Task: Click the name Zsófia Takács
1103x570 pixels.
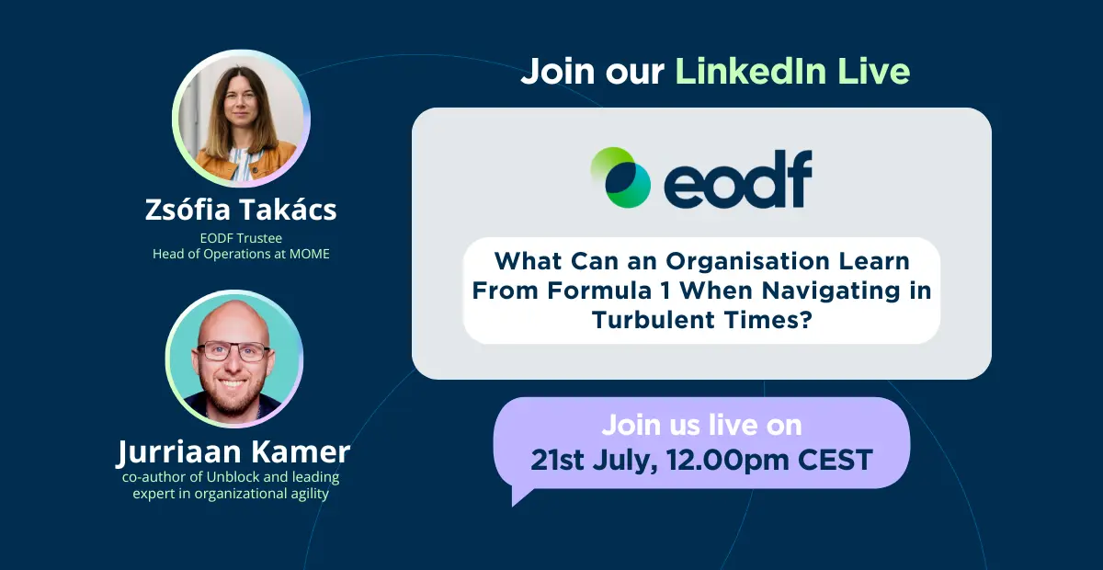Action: (x=241, y=210)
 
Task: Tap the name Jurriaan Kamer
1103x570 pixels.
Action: (x=233, y=451)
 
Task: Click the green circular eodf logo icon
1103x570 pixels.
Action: (x=620, y=177)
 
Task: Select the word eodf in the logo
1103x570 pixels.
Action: (x=738, y=179)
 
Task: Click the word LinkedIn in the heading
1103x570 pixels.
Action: (x=750, y=72)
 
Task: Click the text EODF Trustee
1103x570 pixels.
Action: (x=241, y=238)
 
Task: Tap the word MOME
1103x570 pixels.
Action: (x=309, y=254)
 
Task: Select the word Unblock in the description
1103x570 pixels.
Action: (x=233, y=477)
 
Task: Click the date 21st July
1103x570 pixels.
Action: (x=595, y=461)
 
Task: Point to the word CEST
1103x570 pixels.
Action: (x=836, y=461)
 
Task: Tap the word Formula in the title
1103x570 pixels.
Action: (x=599, y=291)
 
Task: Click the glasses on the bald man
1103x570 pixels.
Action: (x=233, y=351)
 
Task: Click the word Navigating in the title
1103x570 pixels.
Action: (x=831, y=291)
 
